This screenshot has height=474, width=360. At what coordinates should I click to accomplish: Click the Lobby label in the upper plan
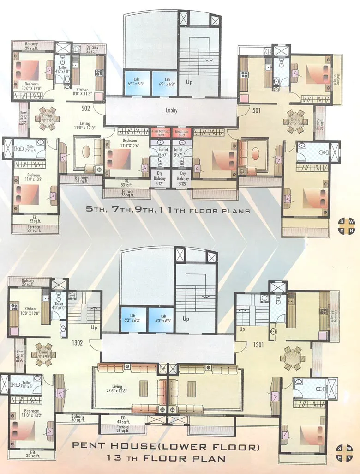click(x=171, y=110)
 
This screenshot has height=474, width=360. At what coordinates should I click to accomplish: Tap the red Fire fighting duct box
click(x=161, y=133)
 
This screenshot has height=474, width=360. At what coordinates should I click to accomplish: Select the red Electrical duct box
click(x=182, y=133)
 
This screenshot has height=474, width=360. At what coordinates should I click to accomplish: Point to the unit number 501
click(x=257, y=110)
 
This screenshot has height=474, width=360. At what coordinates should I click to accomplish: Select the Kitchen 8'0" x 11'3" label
click(x=82, y=92)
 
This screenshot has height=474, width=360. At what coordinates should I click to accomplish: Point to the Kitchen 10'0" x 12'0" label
click(x=30, y=311)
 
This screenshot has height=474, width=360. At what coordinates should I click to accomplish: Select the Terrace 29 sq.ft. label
click(x=33, y=229)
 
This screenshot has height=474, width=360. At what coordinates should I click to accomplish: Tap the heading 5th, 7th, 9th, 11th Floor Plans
click(x=168, y=211)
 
